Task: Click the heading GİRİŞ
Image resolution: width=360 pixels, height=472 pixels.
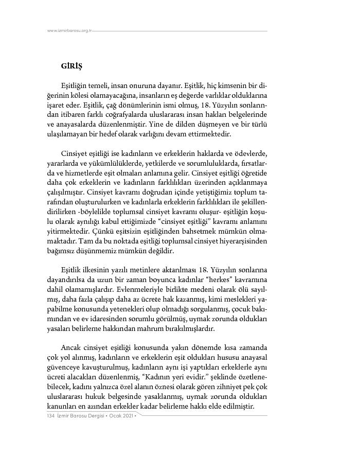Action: [x=71, y=66]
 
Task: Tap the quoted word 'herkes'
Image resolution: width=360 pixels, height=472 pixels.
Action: [x=223, y=280]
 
